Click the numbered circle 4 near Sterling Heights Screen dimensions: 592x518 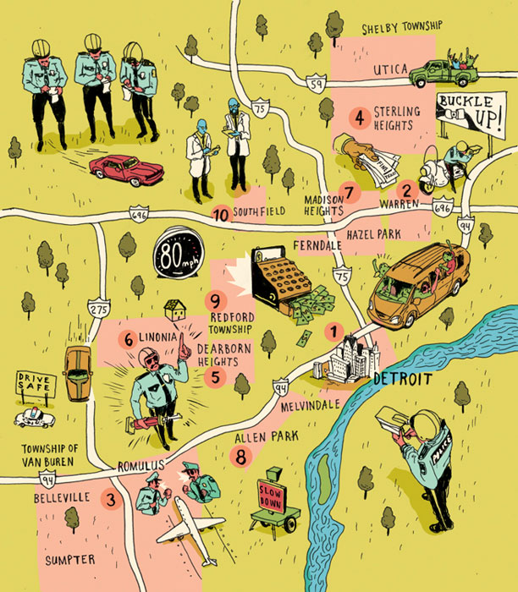click(360, 117)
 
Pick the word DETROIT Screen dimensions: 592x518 click(403, 378)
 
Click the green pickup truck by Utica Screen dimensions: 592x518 click(444, 74)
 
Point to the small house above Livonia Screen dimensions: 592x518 click(176, 310)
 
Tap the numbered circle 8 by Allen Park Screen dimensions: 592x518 click(242, 457)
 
